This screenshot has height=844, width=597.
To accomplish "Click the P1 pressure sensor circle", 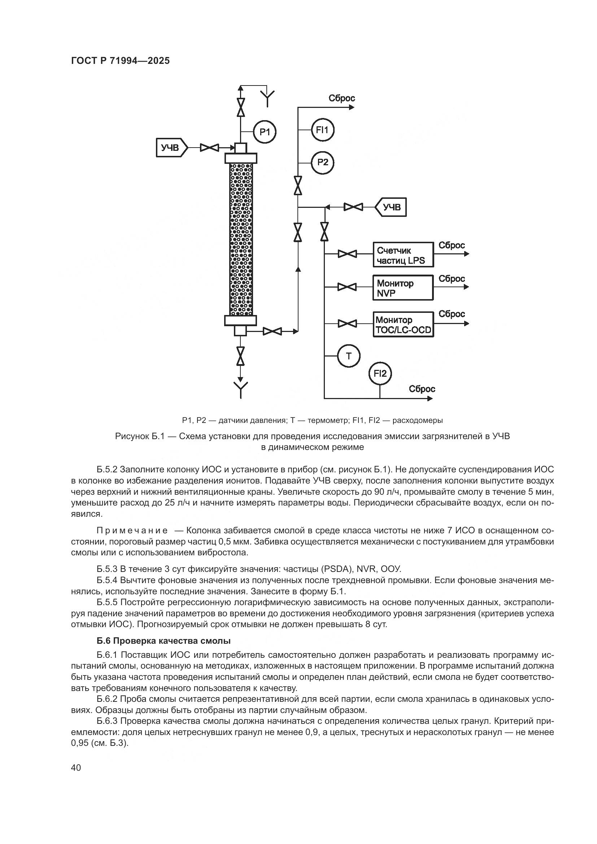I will (265, 132).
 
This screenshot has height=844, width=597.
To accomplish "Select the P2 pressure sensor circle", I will (322, 162).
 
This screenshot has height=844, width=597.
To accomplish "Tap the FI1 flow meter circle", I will (322, 130).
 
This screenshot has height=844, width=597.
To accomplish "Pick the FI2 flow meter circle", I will (380, 374).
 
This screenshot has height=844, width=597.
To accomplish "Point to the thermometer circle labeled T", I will (349, 356).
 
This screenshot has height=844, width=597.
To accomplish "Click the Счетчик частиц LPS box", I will (403, 254).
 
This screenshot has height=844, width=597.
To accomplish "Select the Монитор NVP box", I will (403, 288).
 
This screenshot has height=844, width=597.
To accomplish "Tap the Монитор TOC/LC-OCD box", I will (403, 324).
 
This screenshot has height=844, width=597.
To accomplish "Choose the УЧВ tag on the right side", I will (391, 207).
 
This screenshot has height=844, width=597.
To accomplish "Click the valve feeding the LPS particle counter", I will (347, 254).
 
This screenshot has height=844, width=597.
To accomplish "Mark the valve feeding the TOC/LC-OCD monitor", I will (347, 323).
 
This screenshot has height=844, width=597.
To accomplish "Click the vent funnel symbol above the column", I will (267, 96).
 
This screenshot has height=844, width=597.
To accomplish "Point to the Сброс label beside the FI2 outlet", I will (422, 389).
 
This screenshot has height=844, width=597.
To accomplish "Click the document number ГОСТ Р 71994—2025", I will (120, 61).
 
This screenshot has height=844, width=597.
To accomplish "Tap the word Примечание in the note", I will (132, 530).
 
